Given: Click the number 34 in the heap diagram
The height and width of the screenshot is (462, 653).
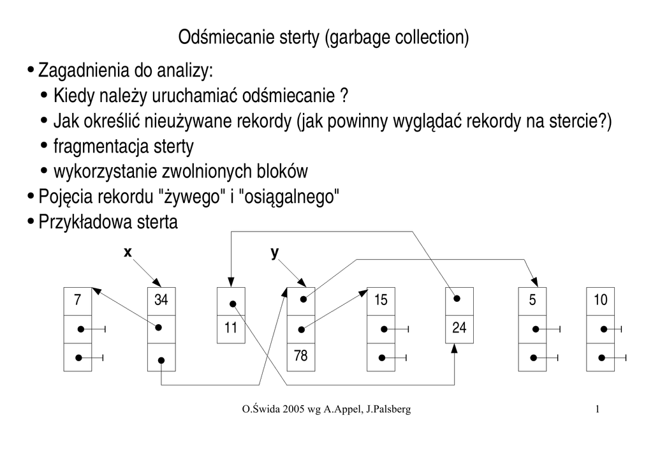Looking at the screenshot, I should pos(161,300).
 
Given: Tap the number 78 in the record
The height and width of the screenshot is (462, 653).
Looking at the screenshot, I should pos(300,356).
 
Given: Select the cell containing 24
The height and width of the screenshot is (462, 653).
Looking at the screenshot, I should pos(459,329).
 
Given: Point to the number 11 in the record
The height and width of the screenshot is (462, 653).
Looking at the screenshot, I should pos(231,329).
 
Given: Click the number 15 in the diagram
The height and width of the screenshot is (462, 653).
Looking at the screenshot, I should pos(381,300).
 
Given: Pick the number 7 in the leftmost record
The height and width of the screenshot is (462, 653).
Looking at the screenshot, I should pos(78,300).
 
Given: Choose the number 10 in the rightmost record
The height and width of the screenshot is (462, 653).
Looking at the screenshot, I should pos(601,300).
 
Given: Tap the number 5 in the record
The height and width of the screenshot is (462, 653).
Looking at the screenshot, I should pos(532,300).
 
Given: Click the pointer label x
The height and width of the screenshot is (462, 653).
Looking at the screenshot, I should pos(128,253).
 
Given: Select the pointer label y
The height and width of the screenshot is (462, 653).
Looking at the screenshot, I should pos(275,253).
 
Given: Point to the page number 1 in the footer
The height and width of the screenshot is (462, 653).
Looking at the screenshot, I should pos(597,409).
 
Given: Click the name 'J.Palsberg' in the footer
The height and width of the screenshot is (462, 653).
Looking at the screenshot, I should pos(388,409).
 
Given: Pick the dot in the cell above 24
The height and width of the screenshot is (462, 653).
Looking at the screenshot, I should pos(456,297).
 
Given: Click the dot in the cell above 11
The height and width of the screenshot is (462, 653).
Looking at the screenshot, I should pos(234,304).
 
